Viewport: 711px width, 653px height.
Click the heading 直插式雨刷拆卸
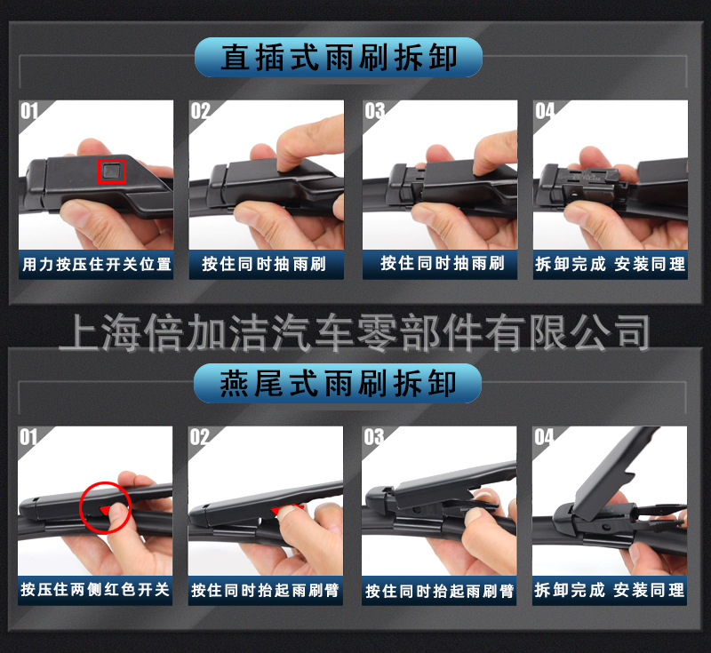click(339, 58)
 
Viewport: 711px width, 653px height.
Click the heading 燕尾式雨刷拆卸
click(339, 384)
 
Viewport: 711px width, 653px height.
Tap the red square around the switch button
click(111, 170)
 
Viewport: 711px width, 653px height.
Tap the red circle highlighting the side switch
click(105, 507)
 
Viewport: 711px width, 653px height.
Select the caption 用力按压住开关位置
click(96, 264)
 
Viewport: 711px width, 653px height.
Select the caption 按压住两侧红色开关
click(96, 590)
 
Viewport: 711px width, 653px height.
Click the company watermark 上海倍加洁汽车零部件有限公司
click(355, 331)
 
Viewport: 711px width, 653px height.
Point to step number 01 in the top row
click(29, 111)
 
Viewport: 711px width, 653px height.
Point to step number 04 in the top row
click(544, 111)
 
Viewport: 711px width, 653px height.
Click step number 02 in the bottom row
click(200, 437)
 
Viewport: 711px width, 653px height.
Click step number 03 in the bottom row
click(373, 437)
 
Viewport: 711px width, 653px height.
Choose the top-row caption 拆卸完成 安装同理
click(610, 264)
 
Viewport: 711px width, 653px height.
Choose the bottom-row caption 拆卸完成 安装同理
click(610, 590)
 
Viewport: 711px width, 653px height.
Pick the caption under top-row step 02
click(265, 264)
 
